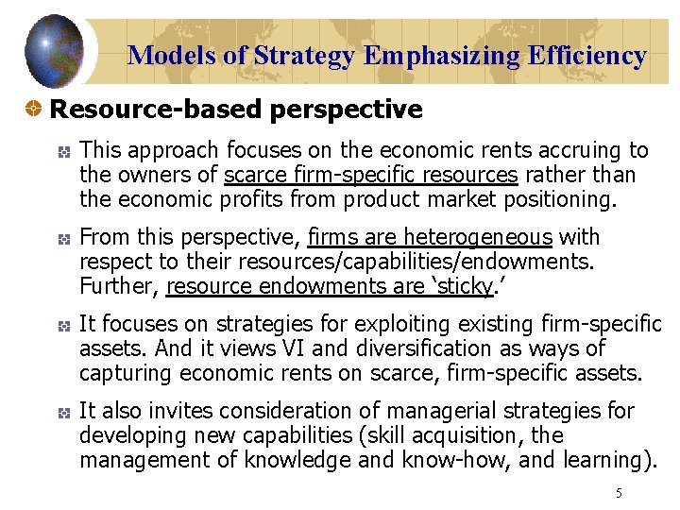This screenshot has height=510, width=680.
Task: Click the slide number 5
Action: (619, 493)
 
